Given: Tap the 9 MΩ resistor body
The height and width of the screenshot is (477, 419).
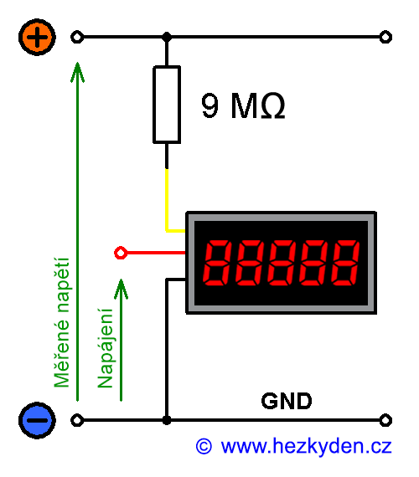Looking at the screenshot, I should [167, 105].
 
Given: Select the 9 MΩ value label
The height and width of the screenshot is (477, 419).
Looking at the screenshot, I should [243, 106].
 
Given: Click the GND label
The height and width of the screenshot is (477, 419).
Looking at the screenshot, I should [287, 401].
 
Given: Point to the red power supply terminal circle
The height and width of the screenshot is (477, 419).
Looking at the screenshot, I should [120, 252].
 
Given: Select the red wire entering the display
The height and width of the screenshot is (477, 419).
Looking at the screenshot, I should [155, 252].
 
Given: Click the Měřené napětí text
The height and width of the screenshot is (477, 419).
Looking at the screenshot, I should [61, 323].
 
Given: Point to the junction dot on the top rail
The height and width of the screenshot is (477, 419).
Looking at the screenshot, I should [167, 37].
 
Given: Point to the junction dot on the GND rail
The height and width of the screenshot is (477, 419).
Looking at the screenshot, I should [167, 420].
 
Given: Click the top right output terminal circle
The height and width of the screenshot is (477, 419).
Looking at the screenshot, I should [385, 37].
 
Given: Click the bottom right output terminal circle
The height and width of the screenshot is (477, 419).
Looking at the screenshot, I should [385, 420].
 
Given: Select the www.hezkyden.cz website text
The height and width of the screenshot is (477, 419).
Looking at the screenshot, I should [306, 447].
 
